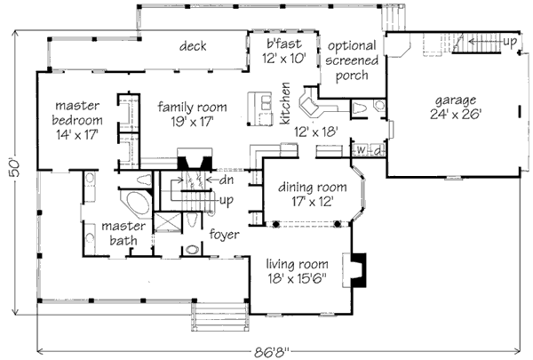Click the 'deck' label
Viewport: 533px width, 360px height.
tap(193, 46)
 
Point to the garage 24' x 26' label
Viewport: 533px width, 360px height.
tap(456, 107)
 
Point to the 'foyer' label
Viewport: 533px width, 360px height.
tap(226, 235)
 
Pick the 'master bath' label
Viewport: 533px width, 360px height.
tap(123, 233)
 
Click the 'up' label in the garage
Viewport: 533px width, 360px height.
tap(510, 42)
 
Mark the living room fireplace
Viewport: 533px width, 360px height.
tap(360, 268)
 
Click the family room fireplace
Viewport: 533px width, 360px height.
tap(192, 164)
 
